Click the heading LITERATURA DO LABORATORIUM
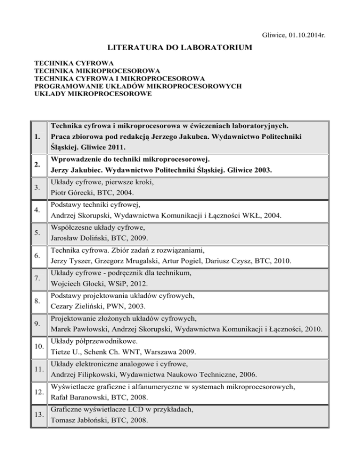pyautogui.click(x=180, y=47)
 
